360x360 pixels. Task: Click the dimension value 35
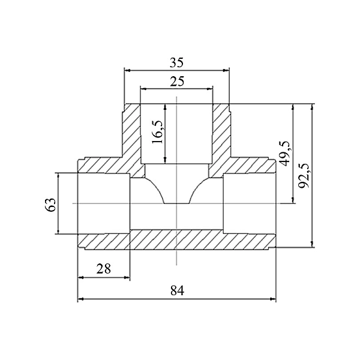(x=176, y=62)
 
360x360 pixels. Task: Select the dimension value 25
(x=177, y=81)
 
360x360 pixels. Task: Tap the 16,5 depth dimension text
(x=158, y=132)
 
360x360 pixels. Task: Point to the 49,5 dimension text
(x=284, y=154)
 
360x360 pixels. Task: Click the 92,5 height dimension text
(x=305, y=175)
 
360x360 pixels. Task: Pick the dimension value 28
(x=104, y=269)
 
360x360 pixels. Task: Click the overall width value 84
(x=177, y=290)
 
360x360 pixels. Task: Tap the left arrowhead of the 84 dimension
(x=80, y=299)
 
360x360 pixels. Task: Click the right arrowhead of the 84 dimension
(x=273, y=299)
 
